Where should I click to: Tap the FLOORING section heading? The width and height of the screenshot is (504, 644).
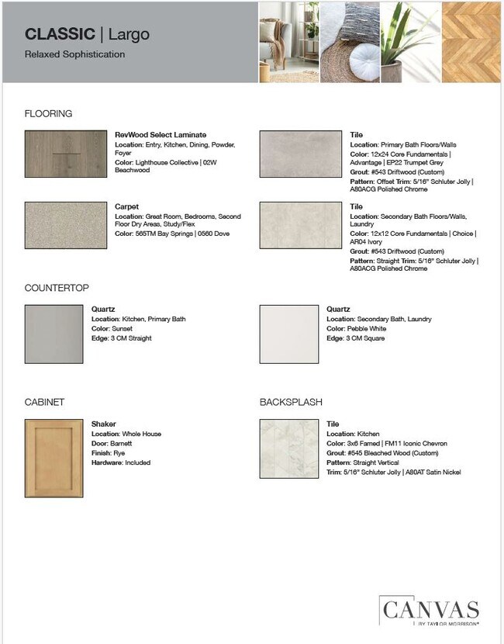pos(48,114)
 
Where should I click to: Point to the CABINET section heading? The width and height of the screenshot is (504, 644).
pos(44,402)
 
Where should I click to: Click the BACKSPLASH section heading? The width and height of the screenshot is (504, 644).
pos(291,402)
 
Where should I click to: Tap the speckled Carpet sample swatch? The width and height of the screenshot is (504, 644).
pos(65,224)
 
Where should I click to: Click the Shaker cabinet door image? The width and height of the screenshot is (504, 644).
pos(54,458)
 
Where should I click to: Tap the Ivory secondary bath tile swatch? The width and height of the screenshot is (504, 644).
pos(300,225)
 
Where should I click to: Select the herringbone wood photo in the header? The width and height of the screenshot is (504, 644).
pos(471,41)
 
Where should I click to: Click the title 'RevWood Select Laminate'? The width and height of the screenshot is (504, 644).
pos(161,135)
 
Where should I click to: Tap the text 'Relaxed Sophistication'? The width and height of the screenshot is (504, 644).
pos(74,55)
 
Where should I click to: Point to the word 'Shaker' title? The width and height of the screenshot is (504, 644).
pos(104,424)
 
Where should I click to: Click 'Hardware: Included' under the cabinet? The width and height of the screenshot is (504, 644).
pos(121,462)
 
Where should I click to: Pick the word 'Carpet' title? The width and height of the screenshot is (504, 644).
pos(126,207)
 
